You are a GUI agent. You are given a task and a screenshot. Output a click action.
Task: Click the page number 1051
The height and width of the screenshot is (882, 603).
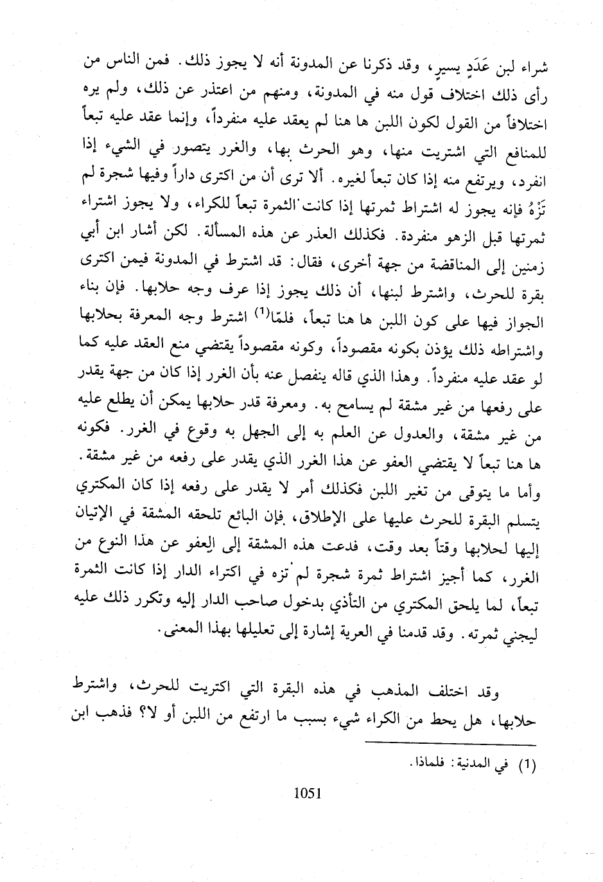306,793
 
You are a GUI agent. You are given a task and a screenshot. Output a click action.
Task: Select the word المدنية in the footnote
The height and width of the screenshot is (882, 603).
475,765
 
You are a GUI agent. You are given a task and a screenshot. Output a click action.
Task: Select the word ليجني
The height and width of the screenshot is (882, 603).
520,633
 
